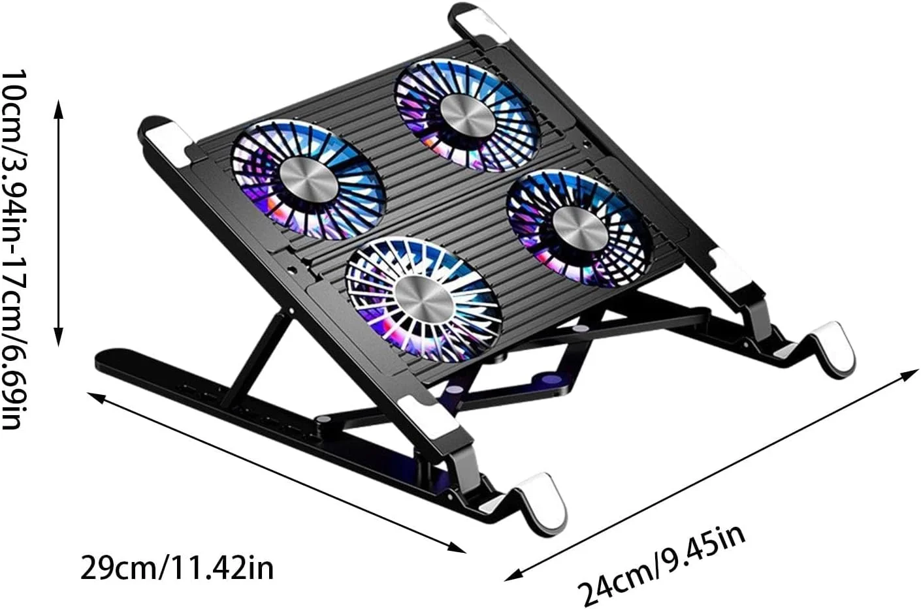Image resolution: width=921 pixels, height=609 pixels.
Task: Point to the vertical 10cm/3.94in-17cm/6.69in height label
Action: click(x=15, y=250)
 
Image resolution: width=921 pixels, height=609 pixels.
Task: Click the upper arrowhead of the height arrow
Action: click(x=59, y=108)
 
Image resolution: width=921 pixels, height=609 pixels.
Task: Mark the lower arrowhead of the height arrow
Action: click(x=59, y=337)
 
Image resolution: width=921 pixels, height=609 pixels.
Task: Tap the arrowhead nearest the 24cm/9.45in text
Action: click(x=513, y=575)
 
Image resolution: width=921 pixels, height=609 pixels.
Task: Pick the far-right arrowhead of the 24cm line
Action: click(x=909, y=375)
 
